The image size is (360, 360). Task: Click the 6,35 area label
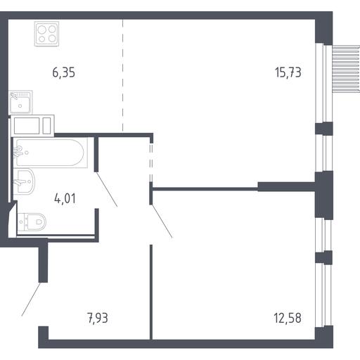64,72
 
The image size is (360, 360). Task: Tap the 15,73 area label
288,72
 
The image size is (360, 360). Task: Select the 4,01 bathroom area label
65,199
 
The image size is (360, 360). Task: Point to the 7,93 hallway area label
98,318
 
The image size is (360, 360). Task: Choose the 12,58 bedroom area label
288,318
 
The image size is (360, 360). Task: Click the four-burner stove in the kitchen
46,34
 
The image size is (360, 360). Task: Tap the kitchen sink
20,103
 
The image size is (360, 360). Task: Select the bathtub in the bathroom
50,153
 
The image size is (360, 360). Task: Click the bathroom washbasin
24,181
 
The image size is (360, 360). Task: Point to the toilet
32,221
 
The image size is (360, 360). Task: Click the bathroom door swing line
107,189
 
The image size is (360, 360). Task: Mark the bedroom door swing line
162,221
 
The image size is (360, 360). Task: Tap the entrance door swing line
31,300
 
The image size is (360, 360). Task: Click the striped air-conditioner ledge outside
346,68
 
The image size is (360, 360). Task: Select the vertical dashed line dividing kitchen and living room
122,76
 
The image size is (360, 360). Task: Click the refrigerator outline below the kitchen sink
32,126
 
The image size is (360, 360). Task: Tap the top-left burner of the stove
41,30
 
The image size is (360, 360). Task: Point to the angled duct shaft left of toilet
12,219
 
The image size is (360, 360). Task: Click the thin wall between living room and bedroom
205,189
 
